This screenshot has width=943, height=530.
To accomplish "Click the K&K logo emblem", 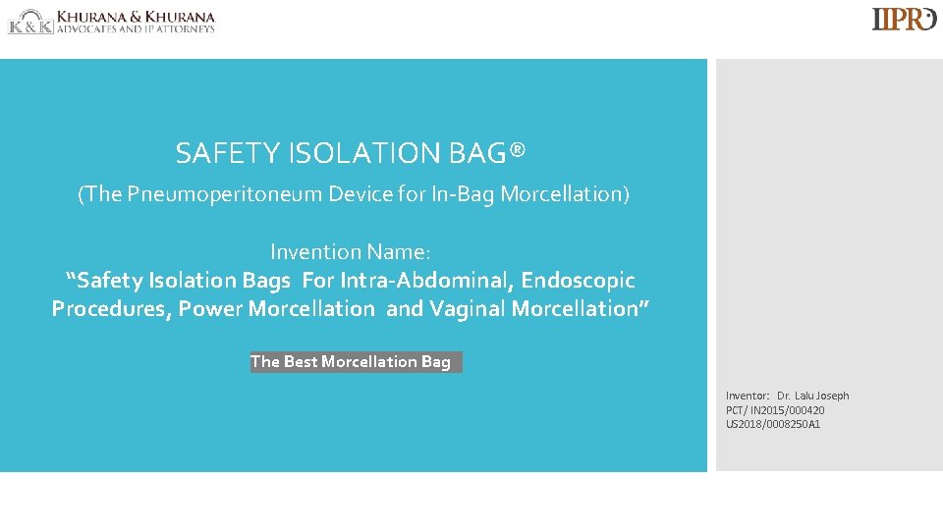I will tap(30, 22).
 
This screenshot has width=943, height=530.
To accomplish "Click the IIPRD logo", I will tap(904, 20).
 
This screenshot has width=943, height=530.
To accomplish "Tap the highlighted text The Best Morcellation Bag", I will tap(352, 362).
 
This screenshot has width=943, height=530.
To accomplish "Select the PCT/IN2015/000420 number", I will tap(775, 410).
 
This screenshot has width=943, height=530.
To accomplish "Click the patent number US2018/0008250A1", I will tap(773, 424).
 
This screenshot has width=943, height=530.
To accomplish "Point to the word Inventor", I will tap(748, 396).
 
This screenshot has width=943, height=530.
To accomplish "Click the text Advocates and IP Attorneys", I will tap(136, 29).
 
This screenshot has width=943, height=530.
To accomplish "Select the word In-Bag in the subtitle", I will tap(464, 194).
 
